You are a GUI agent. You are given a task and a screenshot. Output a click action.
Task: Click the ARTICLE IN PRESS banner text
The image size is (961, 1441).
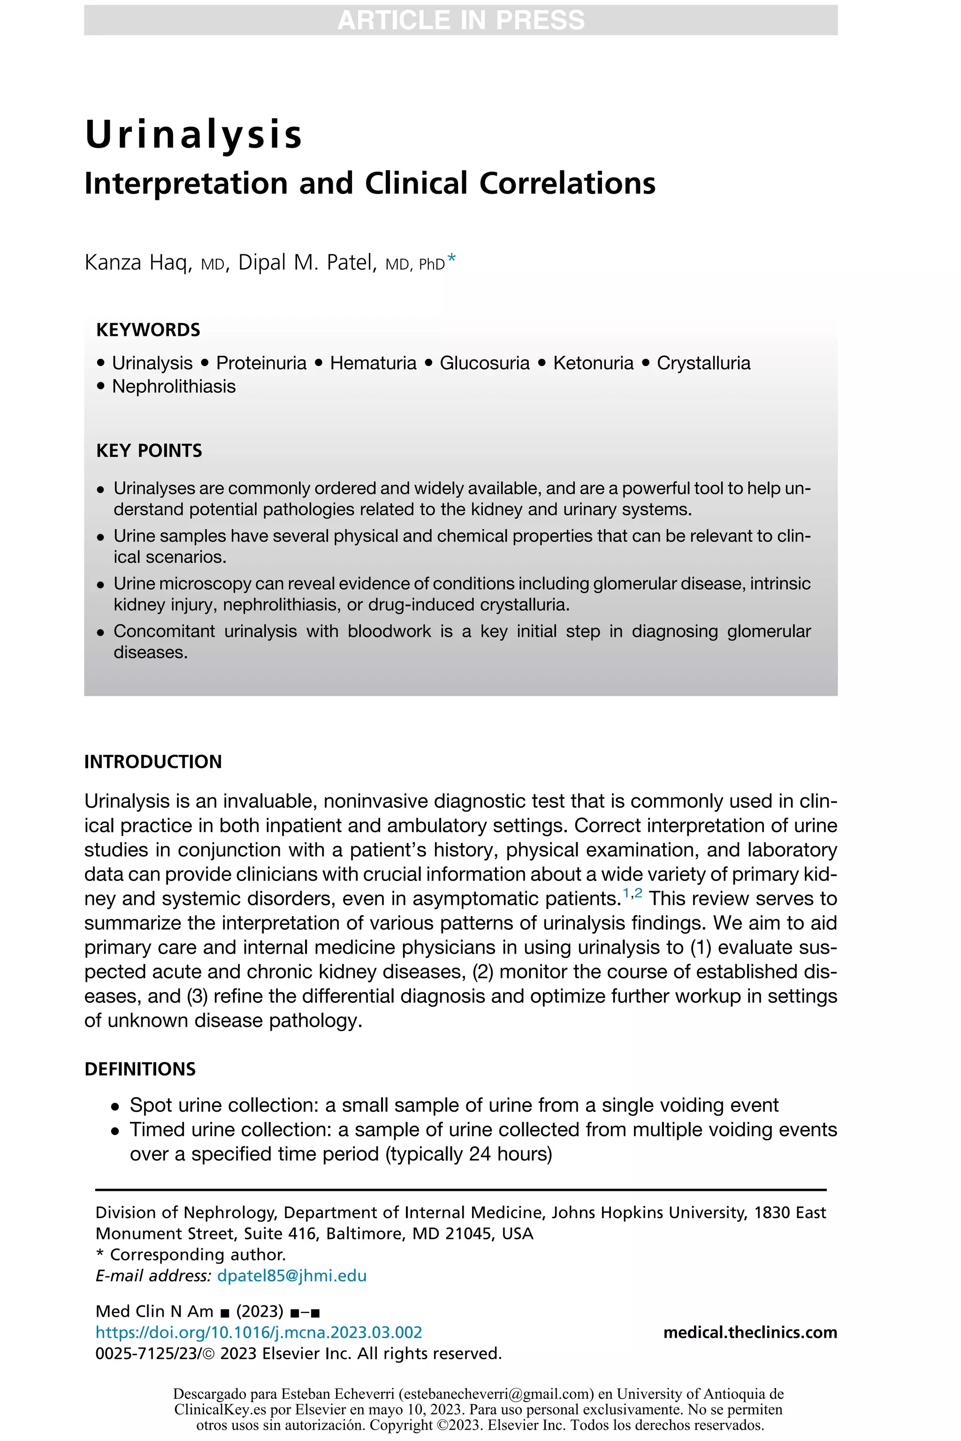(461, 20)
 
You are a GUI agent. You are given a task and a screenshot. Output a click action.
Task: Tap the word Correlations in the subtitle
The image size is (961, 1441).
(567, 183)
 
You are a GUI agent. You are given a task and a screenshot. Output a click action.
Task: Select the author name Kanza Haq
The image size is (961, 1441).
(138, 262)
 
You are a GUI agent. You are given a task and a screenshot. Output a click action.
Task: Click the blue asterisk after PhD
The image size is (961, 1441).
(452, 260)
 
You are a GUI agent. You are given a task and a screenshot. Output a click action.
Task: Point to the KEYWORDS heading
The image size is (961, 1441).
(148, 330)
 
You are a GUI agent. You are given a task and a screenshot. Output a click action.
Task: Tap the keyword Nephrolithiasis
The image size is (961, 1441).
(174, 387)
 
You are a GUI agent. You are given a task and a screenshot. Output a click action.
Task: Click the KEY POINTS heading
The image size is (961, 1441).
(149, 450)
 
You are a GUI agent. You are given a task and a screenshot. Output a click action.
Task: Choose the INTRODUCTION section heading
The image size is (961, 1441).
(153, 762)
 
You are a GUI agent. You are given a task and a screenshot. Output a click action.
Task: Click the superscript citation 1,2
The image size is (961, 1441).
(632, 893)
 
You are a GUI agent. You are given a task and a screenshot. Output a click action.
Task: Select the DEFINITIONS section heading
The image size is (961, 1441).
(140, 1069)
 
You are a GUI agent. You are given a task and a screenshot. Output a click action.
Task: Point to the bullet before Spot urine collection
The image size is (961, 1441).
(114, 1107)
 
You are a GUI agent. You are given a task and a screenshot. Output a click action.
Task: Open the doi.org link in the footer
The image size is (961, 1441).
(259, 1333)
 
